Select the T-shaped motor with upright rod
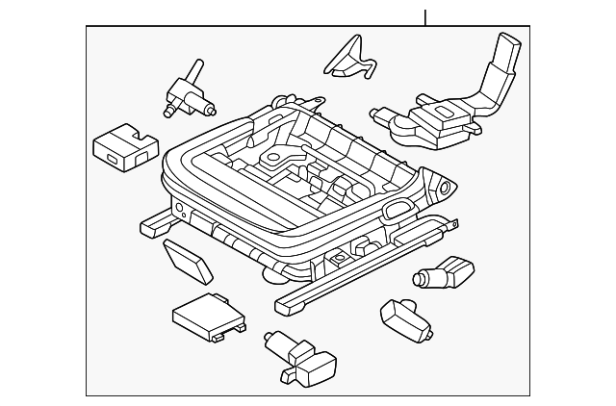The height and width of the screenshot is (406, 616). click(x=185, y=89)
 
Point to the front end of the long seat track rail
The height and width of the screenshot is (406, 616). click(x=285, y=306)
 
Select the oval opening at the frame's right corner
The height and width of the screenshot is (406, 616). click(x=398, y=209)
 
